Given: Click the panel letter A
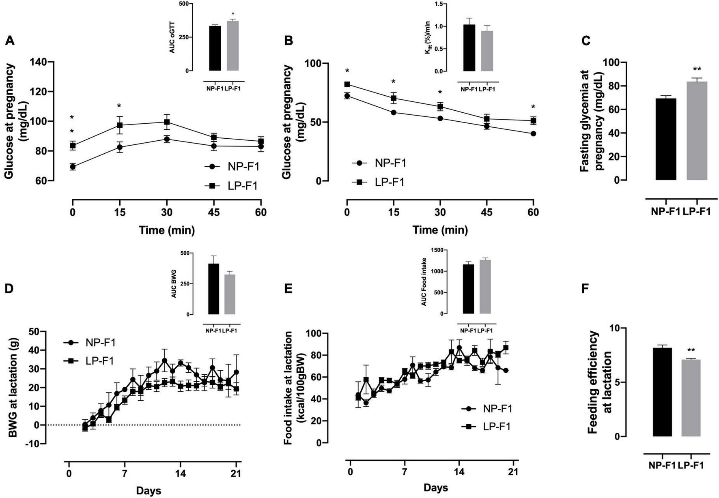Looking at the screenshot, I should (10, 41).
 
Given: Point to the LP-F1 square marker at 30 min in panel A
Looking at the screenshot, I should (167, 122).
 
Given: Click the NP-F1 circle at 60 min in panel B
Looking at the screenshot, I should (533, 134).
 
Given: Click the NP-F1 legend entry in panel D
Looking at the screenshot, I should (90, 343).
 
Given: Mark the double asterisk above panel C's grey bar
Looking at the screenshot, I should (697, 69).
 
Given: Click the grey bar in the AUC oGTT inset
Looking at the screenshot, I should (232, 46).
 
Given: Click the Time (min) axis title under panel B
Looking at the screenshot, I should (440, 230).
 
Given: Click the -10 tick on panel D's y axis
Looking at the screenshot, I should (35, 444).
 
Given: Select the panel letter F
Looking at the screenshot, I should (585, 289).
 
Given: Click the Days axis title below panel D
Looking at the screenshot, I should (148, 490).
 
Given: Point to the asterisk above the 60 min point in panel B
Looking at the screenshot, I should (533, 107).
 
